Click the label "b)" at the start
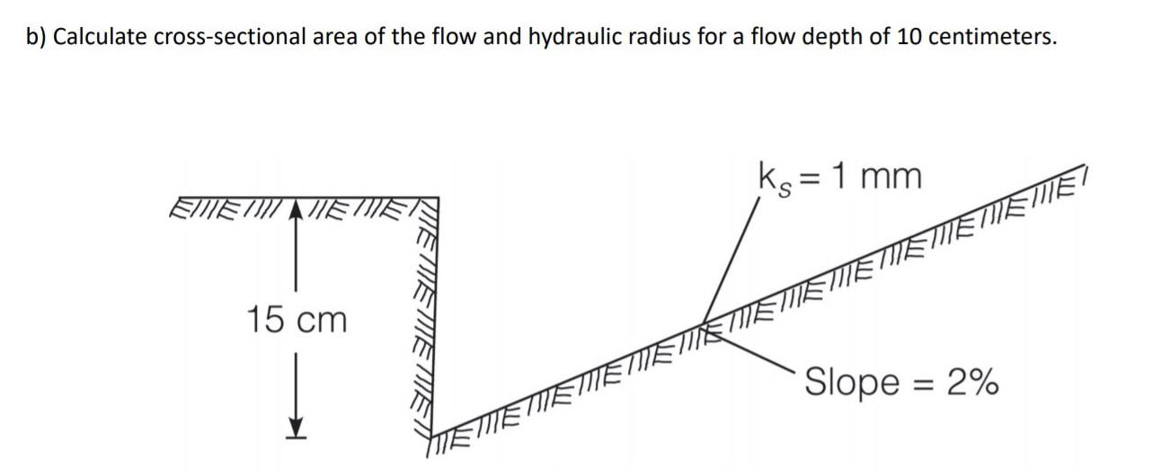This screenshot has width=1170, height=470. [x=37, y=37]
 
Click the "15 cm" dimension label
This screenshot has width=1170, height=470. [x=297, y=320]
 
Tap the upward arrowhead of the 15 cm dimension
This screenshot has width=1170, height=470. [x=297, y=209]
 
